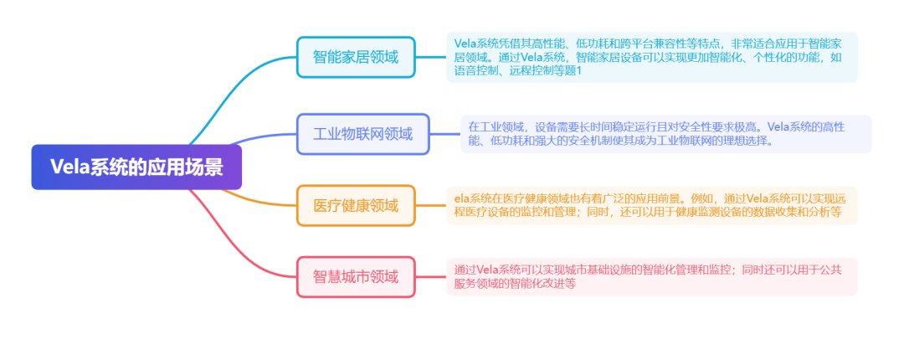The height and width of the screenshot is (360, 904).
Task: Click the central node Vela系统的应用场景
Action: point(136,167)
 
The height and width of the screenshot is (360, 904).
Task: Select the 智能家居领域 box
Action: point(356,57)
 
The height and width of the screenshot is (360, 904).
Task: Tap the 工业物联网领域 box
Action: point(362,134)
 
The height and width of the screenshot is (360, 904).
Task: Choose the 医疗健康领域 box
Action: point(356,205)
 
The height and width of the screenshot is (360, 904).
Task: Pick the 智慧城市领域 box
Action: point(356,276)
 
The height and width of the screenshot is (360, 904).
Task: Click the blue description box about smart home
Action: point(651,57)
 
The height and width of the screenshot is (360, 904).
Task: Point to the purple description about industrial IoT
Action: point(665,134)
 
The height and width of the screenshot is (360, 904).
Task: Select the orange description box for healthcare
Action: point(651,205)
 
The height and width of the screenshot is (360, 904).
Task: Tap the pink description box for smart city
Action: point(651,276)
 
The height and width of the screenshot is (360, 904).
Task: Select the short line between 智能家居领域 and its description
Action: point(430,57)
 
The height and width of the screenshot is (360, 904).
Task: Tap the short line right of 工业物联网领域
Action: point(444,134)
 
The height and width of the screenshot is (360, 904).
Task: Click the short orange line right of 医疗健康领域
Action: point(430,205)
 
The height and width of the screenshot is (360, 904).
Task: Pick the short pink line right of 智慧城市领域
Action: point(430,276)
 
